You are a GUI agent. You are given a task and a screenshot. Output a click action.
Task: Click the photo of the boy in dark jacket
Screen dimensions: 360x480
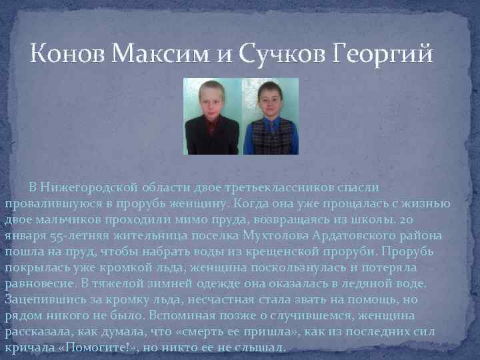click(x=213, y=117)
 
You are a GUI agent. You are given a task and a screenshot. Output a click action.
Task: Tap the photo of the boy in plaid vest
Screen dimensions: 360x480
click(x=270, y=117)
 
